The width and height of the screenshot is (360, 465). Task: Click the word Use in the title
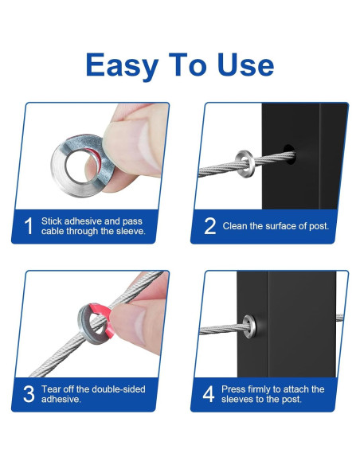point(245,64)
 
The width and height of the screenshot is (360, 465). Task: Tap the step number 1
point(29,226)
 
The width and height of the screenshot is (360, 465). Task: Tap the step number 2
point(210,226)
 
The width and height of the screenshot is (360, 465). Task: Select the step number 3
point(29,394)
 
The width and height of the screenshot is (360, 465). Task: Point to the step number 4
point(209,394)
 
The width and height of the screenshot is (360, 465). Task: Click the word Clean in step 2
point(235,226)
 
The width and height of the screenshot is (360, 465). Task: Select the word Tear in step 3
point(51,389)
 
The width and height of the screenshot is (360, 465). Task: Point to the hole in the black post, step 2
point(288,154)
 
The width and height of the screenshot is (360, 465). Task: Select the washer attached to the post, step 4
point(248,326)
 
